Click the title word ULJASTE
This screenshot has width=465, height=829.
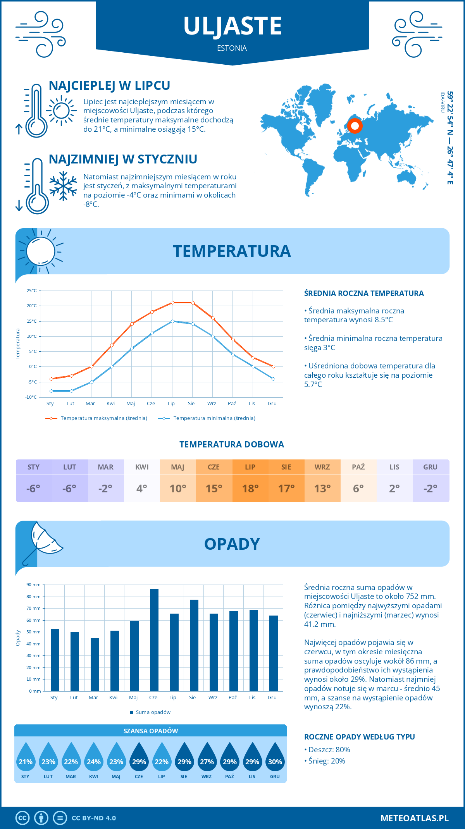coord(232,26)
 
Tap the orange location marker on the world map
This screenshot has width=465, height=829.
coord(355,126)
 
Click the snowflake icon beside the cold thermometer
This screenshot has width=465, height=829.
coord(63,186)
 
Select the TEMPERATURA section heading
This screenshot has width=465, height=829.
coord(232,251)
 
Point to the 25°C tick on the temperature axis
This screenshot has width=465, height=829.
coord(32,291)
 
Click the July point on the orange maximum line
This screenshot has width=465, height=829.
coord(172,303)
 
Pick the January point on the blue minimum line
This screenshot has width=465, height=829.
coord(51,391)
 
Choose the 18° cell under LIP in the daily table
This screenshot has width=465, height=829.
coord(250,488)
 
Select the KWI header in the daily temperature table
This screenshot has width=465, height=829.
coord(142,467)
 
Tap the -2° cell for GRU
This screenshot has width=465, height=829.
coord(431,488)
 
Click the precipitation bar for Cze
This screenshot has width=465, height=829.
coord(154,640)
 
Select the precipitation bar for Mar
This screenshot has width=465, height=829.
coord(95,664)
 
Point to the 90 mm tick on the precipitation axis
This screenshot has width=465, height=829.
coord(34,585)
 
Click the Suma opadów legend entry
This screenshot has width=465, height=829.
coord(153,712)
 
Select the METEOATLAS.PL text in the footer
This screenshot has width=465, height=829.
coord(414,818)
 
